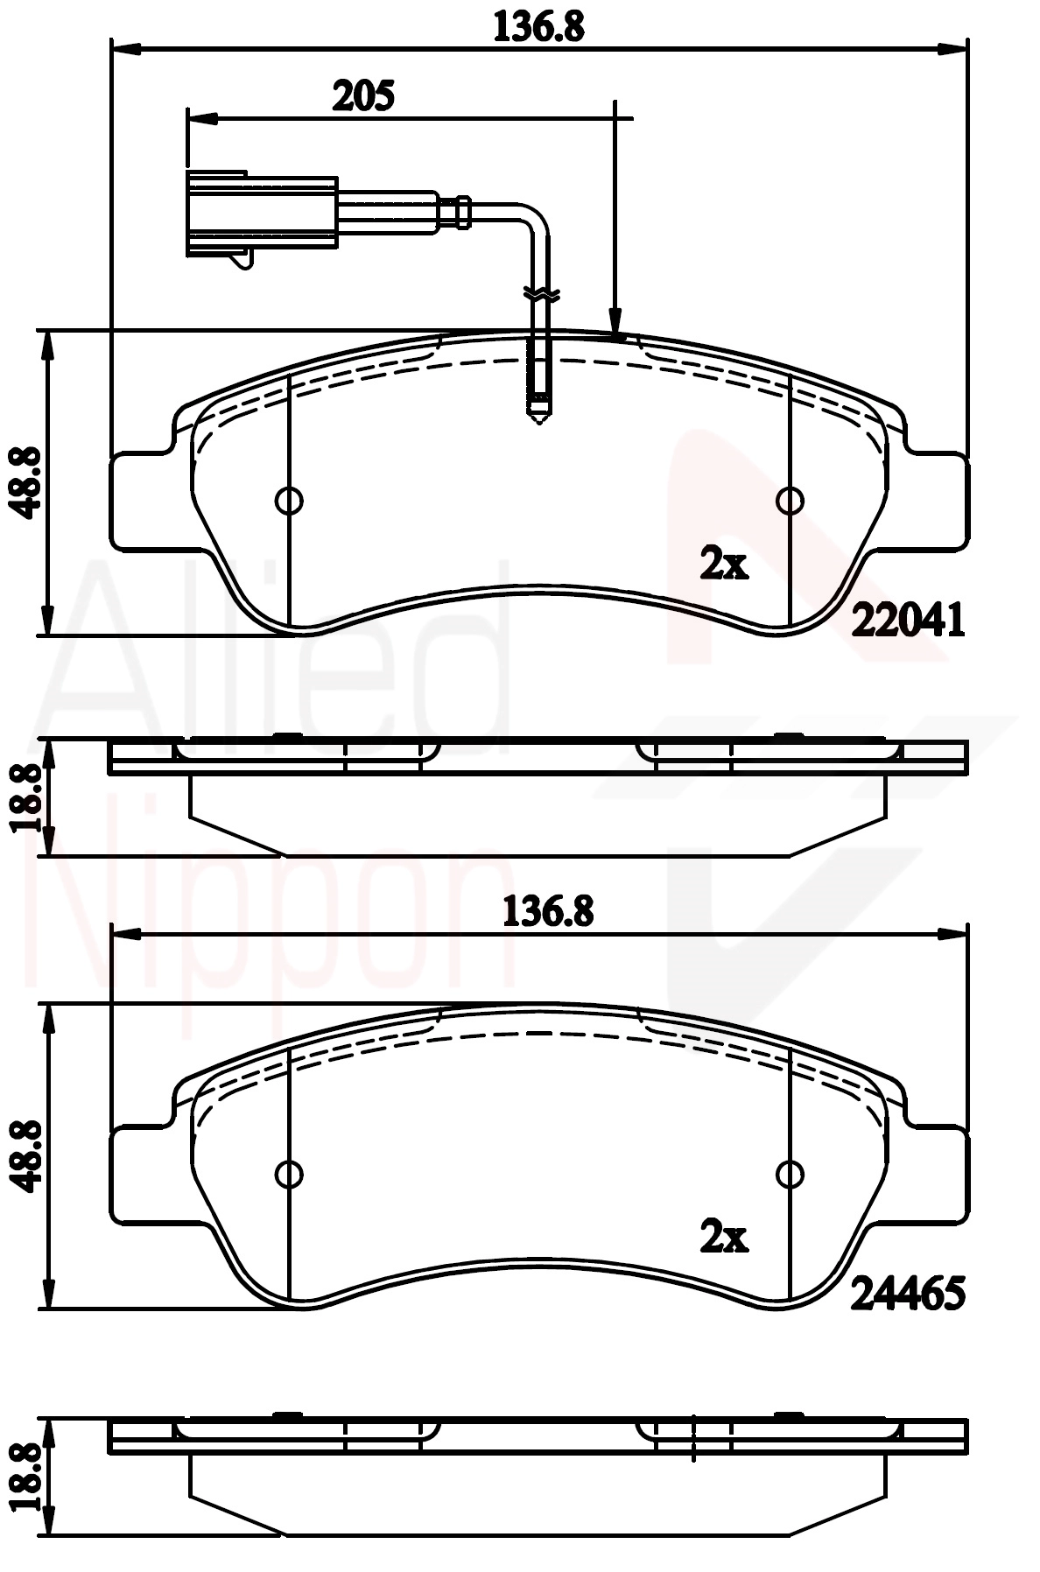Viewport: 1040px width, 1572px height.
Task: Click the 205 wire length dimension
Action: tap(363, 95)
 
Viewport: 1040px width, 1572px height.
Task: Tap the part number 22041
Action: tap(909, 621)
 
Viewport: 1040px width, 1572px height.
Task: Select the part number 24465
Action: tap(909, 1293)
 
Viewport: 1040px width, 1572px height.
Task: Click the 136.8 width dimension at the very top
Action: tap(538, 26)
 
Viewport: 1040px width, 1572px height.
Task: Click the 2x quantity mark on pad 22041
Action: tap(724, 565)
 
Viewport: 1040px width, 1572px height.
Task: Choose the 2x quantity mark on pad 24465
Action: tap(724, 1237)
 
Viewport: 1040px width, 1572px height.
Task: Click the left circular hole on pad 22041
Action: tap(289, 501)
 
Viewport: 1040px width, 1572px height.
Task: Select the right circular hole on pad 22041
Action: tap(791, 501)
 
